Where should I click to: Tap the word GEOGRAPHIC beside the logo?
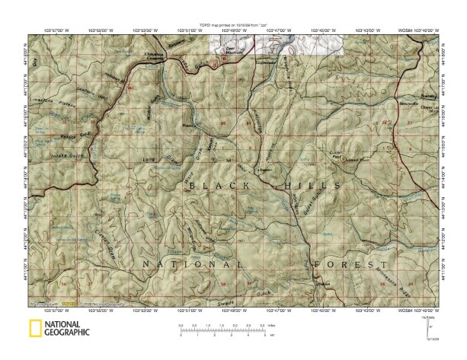[67, 333]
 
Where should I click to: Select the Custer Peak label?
[334, 155]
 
